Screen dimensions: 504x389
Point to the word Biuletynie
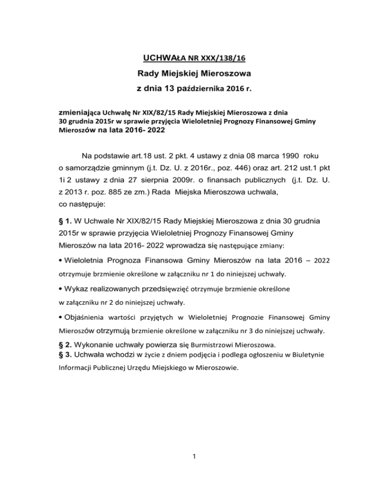(309, 355)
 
